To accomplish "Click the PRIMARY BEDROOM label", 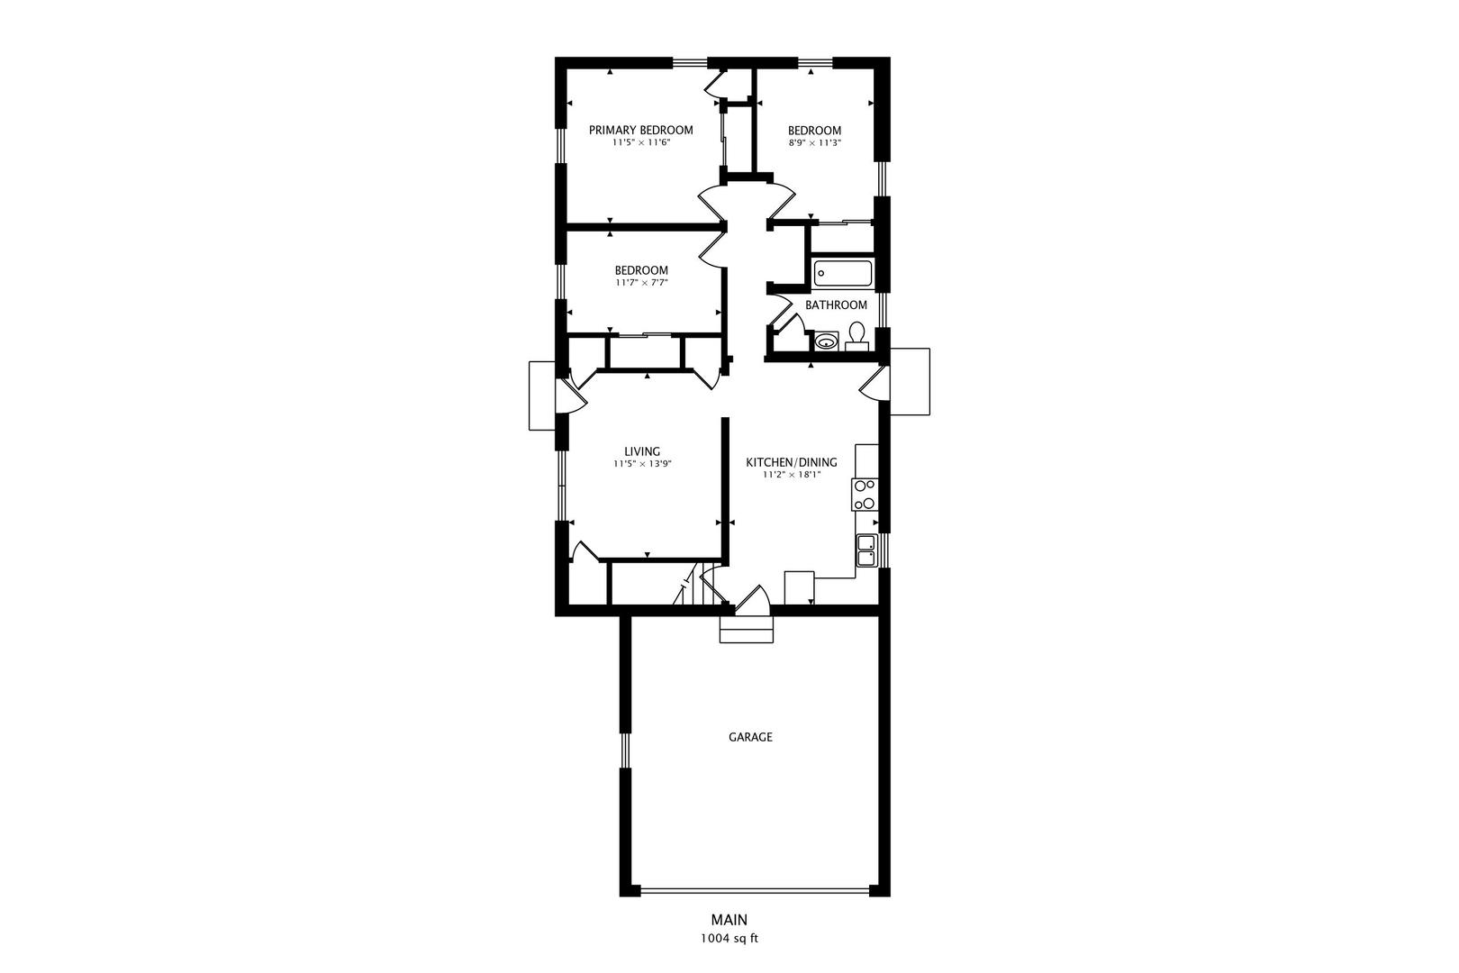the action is point(641,131).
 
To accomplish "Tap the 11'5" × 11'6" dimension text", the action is point(641,142).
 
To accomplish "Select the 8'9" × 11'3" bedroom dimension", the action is point(814,142).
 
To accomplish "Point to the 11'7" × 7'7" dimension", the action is point(641,283).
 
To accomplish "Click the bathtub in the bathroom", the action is point(842,274).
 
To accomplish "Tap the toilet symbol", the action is point(856,336).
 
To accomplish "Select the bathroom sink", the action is point(827,341).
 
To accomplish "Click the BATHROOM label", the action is point(837,305).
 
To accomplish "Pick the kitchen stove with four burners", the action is point(865,495).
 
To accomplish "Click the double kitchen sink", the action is point(866,550).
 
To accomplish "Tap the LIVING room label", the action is point(642,451).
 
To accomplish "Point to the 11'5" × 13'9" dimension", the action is point(642,464).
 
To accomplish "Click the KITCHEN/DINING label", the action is point(792,463).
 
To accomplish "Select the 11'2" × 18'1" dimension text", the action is point(792,475).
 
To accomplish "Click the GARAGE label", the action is point(750,737).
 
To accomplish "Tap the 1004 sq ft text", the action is point(729,939).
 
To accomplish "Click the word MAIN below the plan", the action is point(729,920).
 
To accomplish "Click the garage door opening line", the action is point(755,889).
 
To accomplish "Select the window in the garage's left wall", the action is point(625,750).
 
